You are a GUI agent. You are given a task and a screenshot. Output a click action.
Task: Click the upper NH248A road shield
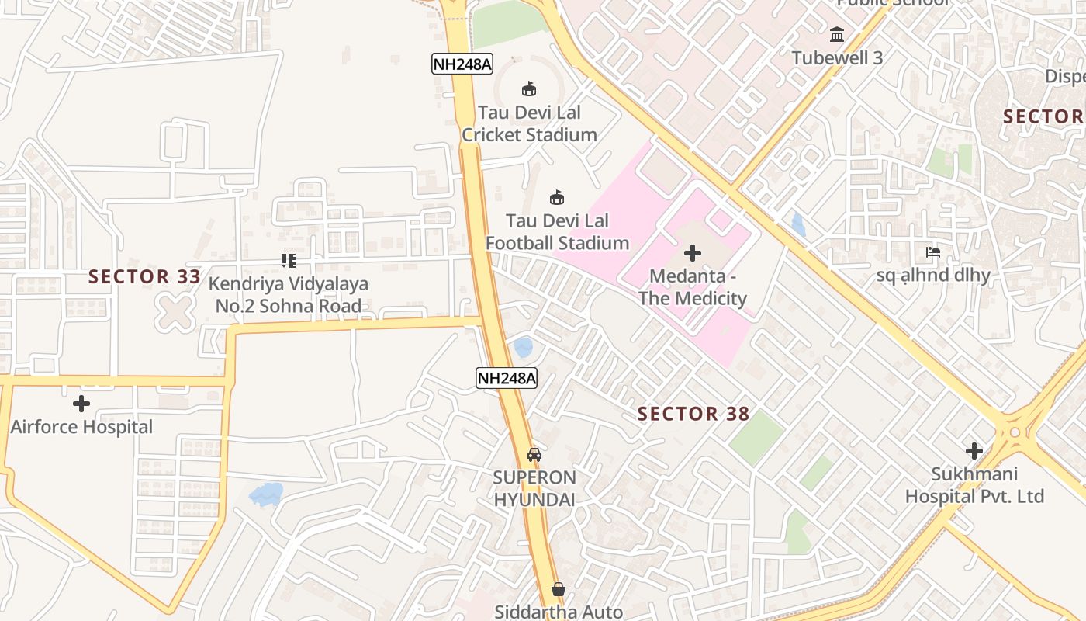[x=462, y=64]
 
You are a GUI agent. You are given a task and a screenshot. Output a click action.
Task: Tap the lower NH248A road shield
[x=506, y=378]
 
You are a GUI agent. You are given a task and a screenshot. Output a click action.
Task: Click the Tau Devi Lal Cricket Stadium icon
[x=529, y=88]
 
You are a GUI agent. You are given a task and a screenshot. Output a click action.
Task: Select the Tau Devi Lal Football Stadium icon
[x=557, y=197]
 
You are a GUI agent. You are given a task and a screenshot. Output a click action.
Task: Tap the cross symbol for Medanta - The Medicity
[x=692, y=253]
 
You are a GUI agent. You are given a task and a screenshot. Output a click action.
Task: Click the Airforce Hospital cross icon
[x=81, y=404]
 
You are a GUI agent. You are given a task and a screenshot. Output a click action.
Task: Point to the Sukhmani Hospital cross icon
[x=974, y=450]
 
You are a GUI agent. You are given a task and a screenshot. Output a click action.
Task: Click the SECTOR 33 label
[x=144, y=276]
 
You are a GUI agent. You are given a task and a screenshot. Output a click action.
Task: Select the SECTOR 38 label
[x=693, y=414]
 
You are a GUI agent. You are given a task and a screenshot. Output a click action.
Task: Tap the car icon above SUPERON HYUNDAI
[x=534, y=454]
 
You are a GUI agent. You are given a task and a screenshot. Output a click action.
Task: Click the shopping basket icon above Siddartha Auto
[x=559, y=589]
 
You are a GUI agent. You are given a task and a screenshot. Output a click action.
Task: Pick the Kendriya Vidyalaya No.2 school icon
[x=289, y=261]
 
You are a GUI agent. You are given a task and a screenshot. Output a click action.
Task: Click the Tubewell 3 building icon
[x=837, y=35]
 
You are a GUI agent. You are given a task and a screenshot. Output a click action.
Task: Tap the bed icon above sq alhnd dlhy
[x=933, y=252]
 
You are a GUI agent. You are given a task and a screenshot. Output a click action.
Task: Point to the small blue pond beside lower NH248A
[x=524, y=347]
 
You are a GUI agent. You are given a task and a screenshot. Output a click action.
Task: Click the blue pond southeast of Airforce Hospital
[x=265, y=494]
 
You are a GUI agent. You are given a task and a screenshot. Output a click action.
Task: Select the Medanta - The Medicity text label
[x=692, y=287]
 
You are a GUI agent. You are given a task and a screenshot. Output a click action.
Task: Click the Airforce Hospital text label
[x=81, y=427]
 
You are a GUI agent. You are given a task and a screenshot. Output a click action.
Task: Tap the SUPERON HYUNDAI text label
[x=534, y=488]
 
